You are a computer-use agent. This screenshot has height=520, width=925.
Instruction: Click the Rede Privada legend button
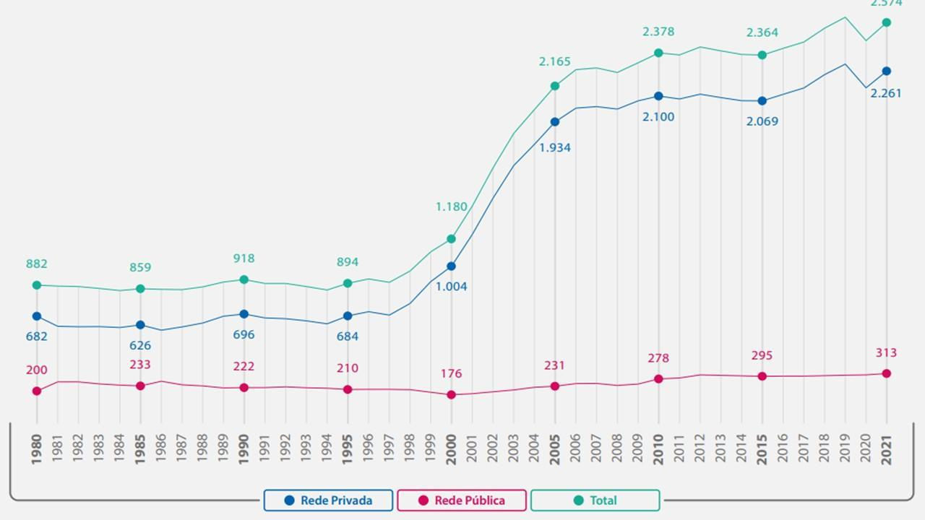click(x=328, y=500)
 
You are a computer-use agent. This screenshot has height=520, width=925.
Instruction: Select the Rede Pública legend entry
click(x=462, y=500)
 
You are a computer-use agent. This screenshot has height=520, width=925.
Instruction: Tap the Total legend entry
click(x=595, y=500)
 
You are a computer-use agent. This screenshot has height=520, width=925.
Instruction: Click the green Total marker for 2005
click(x=555, y=86)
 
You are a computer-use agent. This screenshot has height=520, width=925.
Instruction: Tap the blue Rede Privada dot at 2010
click(x=658, y=96)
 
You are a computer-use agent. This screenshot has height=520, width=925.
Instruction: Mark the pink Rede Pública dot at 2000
click(x=452, y=395)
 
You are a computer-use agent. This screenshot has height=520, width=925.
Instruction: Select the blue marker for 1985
click(x=140, y=325)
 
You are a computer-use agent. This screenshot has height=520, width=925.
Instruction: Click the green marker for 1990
click(x=244, y=279)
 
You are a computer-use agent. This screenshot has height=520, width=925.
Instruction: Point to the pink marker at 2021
click(x=887, y=373)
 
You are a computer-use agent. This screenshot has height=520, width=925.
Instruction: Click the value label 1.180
click(x=452, y=207)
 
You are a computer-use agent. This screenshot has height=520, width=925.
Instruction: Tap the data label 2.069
click(x=762, y=121)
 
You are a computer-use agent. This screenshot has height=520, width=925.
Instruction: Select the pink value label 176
click(x=452, y=373)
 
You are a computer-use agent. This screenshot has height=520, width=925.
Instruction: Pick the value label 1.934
click(x=555, y=147)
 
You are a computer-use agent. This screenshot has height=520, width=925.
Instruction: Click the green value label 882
click(x=37, y=264)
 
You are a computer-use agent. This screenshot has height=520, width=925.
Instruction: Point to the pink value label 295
click(x=762, y=355)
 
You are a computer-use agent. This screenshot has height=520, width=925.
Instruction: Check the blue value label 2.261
click(x=886, y=93)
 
